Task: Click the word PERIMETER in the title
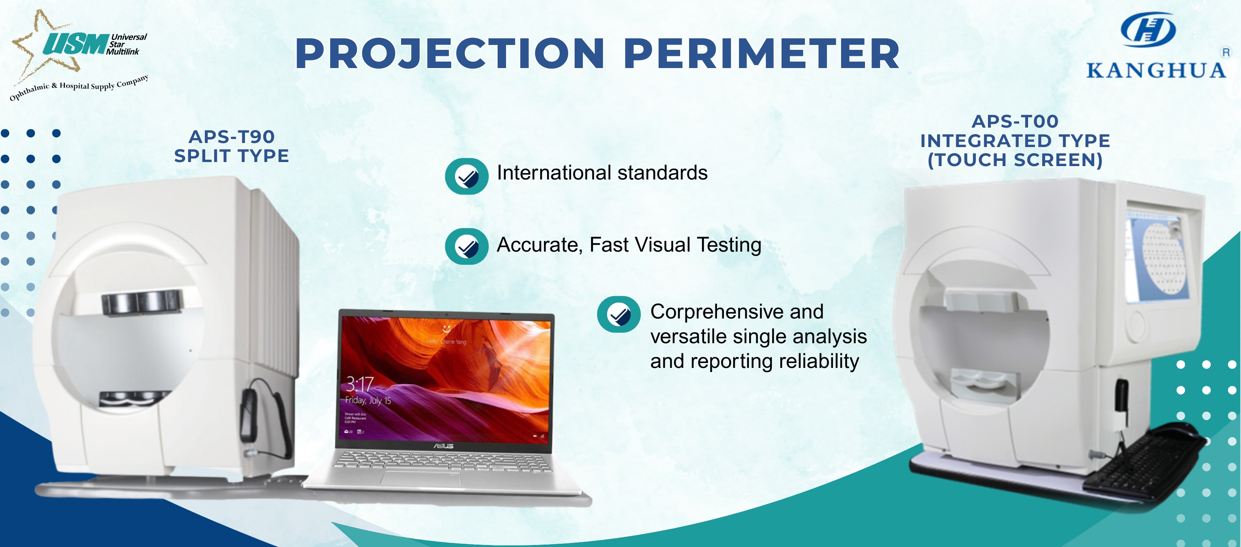pyautogui.click(x=761, y=53)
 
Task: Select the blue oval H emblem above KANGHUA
pyautogui.click(x=1148, y=29)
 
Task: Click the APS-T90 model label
pyautogui.click(x=232, y=137)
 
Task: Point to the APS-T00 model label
pyautogui.click(x=1015, y=121)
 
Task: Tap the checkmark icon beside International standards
pyautogui.click(x=466, y=177)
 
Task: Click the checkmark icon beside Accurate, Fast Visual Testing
pyautogui.click(x=466, y=246)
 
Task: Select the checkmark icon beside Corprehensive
pyautogui.click(x=618, y=314)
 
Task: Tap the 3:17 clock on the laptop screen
pyautogui.click(x=359, y=384)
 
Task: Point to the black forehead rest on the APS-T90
pyautogui.click(x=143, y=302)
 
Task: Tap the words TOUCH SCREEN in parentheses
pyautogui.click(x=1015, y=160)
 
